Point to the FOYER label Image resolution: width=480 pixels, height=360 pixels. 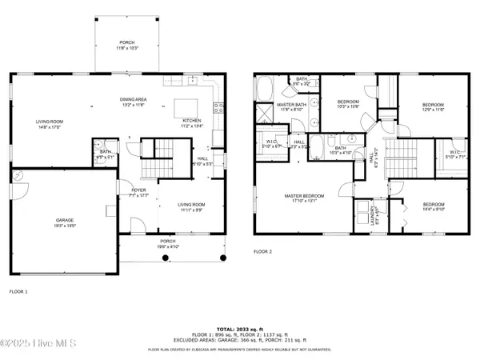pyautogui.click(x=138, y=190)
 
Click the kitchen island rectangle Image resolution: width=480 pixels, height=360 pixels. pyautogui.click(x=186, y=107)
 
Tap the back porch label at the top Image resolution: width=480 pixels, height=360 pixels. pyautogui.click(x=127, y=45)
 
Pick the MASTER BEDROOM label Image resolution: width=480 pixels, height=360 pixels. pyautogui.click(x=306, y=198)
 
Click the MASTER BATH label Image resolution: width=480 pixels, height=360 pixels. pyautogui.click(x=289, y=106)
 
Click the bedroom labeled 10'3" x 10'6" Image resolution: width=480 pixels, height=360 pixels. pyautogui.click(x=348, y=105)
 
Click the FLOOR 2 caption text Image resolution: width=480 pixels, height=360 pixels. pyautogui.click(x=264, y=251)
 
